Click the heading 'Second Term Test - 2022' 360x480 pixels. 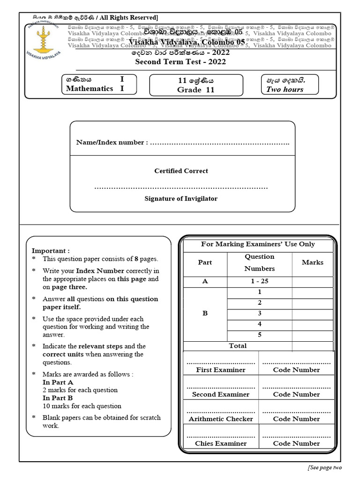[x=180, y=62]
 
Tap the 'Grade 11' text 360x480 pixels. [x=195, y=90]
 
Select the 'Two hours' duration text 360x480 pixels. [x=285, y=90]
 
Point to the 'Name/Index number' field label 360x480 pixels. [x=112, y=142]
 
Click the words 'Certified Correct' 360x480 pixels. [x=181, y=171]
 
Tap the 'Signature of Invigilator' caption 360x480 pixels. [x=181, y=199]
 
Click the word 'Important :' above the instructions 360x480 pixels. [x=50, y=251]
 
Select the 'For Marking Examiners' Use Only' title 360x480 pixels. [x=258, y=244]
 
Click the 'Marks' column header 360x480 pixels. [x=312, y=262]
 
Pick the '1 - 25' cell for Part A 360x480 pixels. [x=259, y=281]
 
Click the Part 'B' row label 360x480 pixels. [x=205, y=313]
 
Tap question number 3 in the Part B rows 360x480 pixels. [x=259, y=313]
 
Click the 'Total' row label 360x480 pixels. [x=238, y=346]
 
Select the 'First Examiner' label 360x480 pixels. [x=220, y=370]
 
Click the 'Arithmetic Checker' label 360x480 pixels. [x=220, y=419]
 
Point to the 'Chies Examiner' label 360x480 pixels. [x=220, y=443]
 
